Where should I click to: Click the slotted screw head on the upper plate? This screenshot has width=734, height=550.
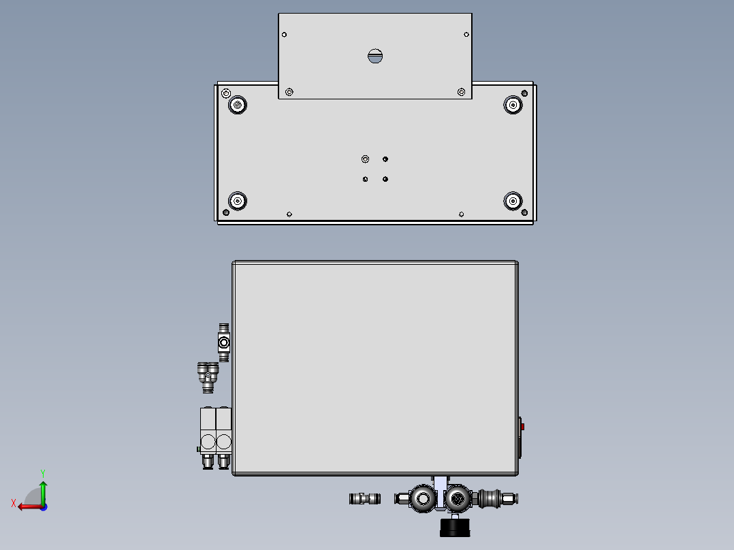(375, 56)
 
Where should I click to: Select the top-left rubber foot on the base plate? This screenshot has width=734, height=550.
(237, 105)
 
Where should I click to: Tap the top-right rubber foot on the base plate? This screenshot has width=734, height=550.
(513, 104)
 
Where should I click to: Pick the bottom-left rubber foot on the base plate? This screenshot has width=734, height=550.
(237, 201)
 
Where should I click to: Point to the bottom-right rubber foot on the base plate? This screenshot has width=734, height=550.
(513, 201)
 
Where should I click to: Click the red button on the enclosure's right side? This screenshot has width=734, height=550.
(522, 427)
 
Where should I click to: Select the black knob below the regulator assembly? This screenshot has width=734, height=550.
(453, 527)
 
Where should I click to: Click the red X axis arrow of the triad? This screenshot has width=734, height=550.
(26, 506)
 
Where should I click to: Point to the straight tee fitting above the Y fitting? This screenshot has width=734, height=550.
(223, 342)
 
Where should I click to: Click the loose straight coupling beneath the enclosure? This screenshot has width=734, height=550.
(364, 499)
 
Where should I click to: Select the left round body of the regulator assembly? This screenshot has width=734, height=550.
(422, 499)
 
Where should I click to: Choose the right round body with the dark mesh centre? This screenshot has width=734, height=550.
(458, 499)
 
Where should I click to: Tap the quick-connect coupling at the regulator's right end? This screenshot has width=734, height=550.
(499, 499)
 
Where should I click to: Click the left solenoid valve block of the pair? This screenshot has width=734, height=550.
(207, 433)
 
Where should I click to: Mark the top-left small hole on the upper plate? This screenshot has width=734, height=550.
(285, 35)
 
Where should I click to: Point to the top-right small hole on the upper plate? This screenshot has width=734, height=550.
(466, 33)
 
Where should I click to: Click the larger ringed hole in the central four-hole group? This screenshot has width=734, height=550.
(365, 159)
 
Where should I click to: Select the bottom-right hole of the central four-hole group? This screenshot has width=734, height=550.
(385, 179)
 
